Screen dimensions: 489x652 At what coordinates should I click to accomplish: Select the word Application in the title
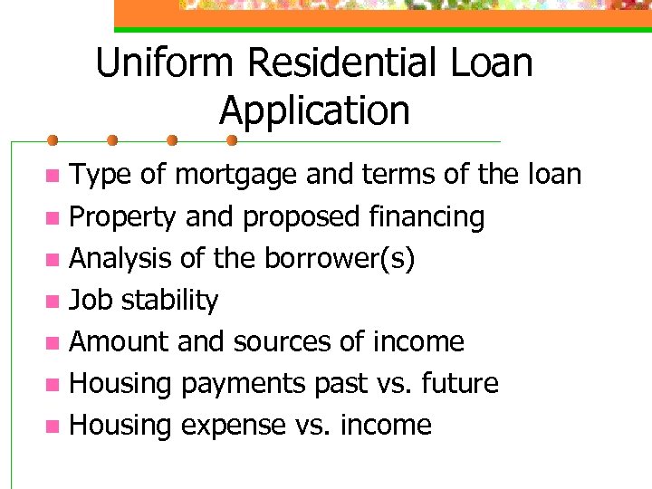tap(314, 111)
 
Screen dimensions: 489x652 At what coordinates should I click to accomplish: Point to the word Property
tap(123, 217)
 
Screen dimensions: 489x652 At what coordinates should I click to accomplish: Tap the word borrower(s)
tap(340, 259)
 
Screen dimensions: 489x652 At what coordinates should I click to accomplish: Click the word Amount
tap(120, 341)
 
